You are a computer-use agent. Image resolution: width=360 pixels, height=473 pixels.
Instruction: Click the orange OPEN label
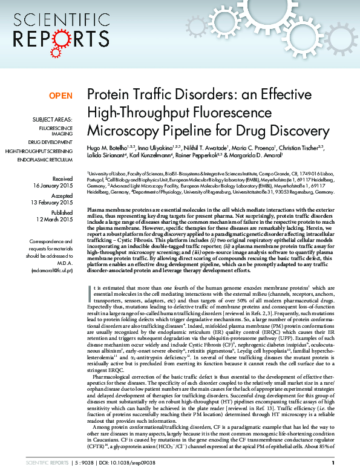pyautogui.click(x=61, y=96)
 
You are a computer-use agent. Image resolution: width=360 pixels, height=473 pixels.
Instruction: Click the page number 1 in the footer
pyautogui.click(x=333, y=463)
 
